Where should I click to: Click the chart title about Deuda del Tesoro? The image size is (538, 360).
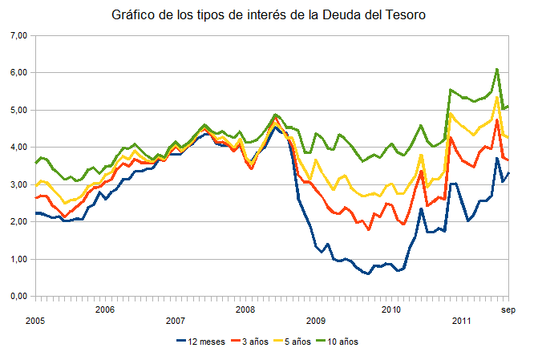pos(269,15)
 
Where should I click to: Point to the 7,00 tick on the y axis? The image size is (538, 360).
pos(18,35)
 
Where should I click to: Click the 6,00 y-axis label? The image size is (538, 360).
pos(18,73)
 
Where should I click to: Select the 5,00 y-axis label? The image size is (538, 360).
pos(18,110)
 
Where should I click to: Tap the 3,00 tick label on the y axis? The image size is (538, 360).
pos(18,184)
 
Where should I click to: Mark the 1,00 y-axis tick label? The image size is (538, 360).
pos(18,259)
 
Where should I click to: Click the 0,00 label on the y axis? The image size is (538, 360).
pos(18,296)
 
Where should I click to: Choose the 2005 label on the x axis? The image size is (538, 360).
pos(34,321)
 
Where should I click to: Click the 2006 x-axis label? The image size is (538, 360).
pos(105,309)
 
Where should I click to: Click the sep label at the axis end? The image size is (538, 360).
pos(508,309)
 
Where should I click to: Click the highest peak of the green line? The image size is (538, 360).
pos(497,69)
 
